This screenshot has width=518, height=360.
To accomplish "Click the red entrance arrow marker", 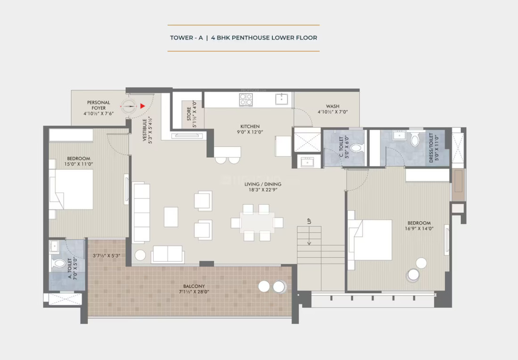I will click(x=142, y=106).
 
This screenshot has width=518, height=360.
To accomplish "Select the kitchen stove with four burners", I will click(x=246, y=99).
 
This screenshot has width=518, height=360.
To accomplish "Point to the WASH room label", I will click(x=332, y=106).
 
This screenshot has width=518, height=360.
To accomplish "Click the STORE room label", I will click(x=188, y=114).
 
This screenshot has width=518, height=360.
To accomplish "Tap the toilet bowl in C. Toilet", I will click(x=356, y=148).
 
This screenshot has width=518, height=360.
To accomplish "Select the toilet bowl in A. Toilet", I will click(x=59, y=263).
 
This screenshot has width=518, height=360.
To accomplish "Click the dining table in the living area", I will click(x=257, y=222).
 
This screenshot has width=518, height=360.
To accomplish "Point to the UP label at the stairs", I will click(x=309, y=221).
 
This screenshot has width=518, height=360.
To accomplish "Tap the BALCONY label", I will click(x=194, y=286).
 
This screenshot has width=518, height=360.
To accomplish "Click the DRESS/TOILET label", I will click(x=431, y=148).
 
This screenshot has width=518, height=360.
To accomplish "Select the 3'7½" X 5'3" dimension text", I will click(x=107, y=256).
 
